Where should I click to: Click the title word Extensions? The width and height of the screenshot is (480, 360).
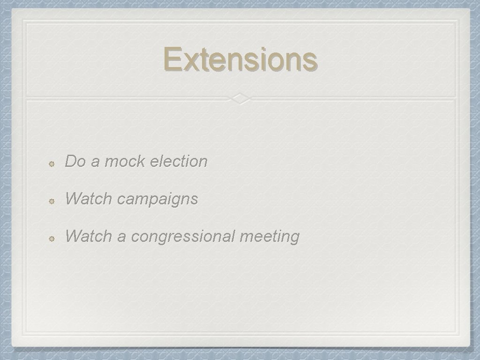coord(240,60)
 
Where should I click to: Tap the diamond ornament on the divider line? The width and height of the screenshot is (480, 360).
coord(240,98)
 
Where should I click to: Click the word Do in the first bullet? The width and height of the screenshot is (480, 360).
coord(75,161)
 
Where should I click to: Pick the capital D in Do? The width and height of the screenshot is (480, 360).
coord(70,161)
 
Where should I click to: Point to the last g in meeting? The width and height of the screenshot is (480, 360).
coord(294,238)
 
